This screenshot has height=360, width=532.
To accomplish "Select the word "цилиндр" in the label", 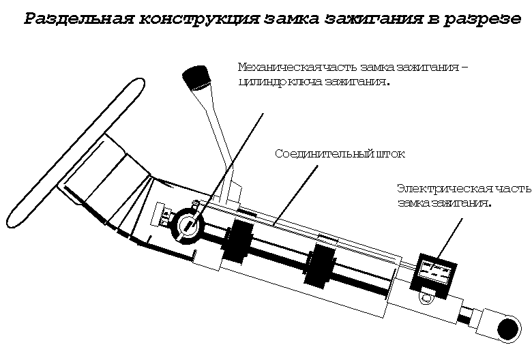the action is (x=263, y=82).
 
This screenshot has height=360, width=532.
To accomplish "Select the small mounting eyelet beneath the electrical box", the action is (x=428, y=297).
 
